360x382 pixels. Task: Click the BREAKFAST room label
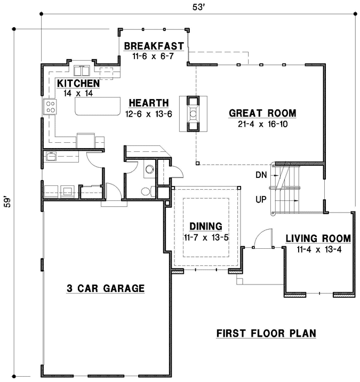tap(154, 46)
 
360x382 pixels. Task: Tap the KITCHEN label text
tap(78, 84)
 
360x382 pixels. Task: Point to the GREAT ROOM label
tap(262, 113)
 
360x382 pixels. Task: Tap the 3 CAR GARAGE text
tap(106, 289)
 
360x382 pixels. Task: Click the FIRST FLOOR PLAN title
tap(266, 334)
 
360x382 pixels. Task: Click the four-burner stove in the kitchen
tap(51, 107)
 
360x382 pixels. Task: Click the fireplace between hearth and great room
tap(193, 113)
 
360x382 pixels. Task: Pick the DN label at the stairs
tap(261, 174)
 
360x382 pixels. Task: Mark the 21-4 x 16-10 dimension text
tap(262, 124)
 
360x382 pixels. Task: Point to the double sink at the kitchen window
tap(83, 71)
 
